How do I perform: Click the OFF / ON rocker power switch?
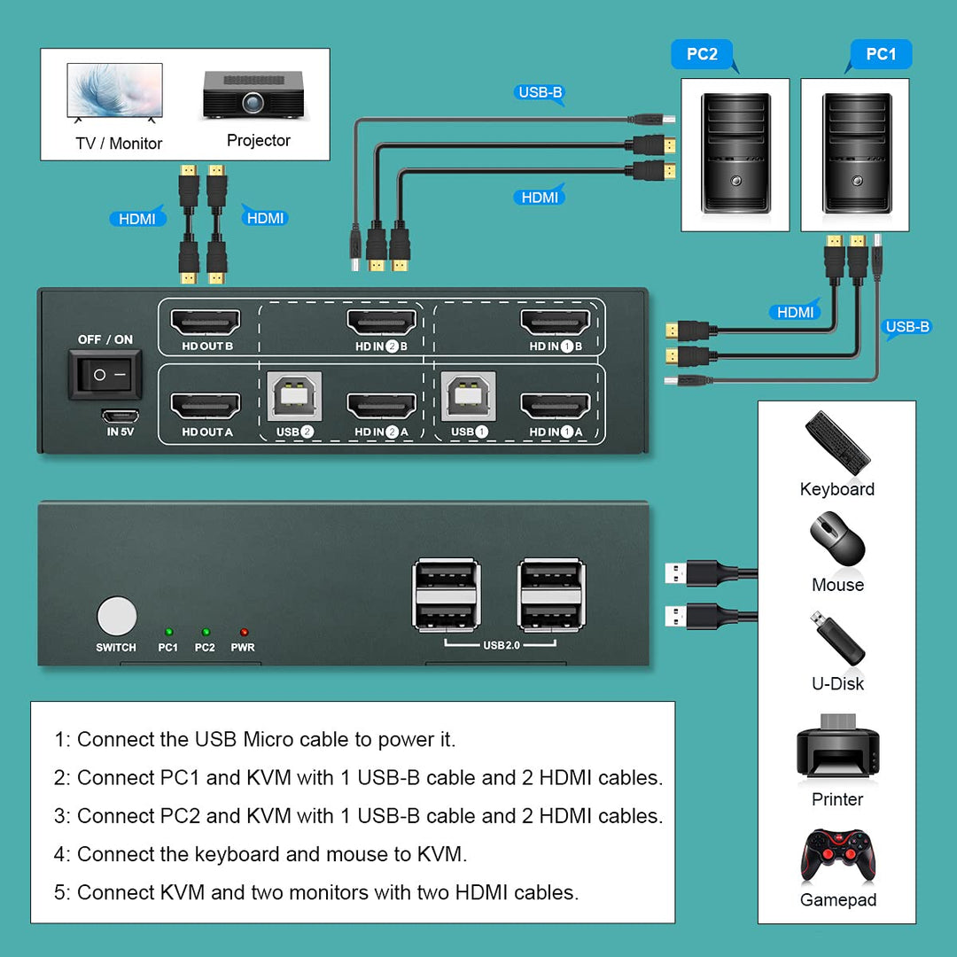pos(105,374)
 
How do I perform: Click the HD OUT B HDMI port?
pos(206,322)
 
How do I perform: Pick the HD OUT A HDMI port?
pos(206,407)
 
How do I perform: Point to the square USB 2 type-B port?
pos(294,398)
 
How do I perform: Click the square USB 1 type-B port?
pos(469,398)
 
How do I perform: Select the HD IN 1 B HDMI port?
pos(556,322)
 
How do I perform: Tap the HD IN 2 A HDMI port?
pos(381,407)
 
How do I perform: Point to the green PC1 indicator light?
pos(167,632)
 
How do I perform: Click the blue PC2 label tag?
pos(702,54)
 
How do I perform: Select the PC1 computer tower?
pos(854,154)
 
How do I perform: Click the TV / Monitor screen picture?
pos(115,91)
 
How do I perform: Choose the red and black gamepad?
pos(837,857)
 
